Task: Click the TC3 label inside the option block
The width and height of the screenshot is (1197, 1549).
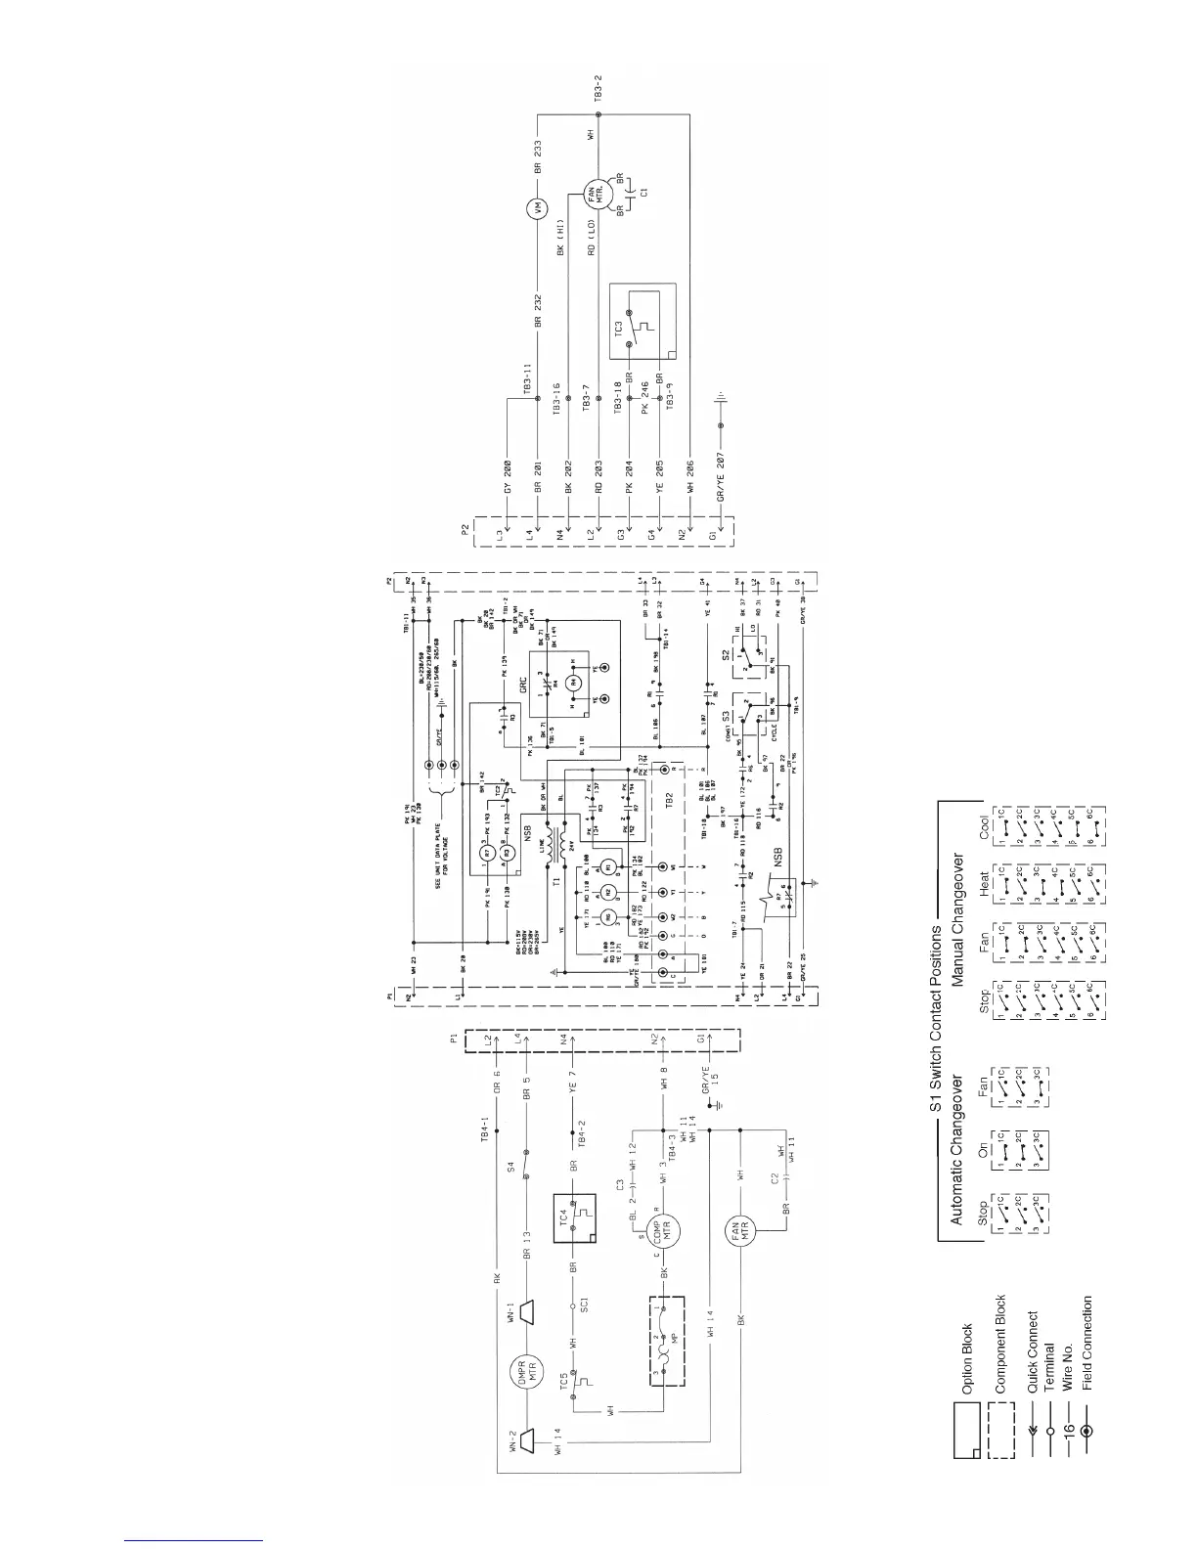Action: point(618,328)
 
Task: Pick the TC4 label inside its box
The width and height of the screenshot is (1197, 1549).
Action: point(564,1216)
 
